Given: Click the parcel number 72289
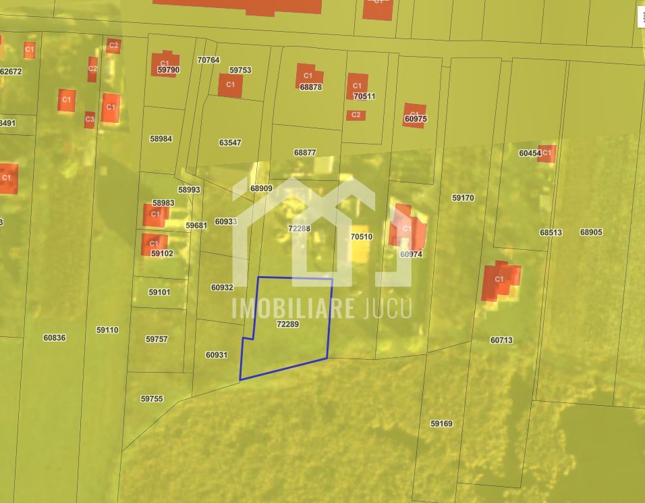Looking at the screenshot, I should pos(287,324).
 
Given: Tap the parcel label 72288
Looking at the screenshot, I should pos(299,228).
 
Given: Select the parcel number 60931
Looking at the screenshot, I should pos(217,354).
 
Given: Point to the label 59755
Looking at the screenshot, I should pos(152,399).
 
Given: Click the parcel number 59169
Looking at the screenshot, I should pos(441,423).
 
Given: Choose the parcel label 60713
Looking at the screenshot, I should pos(501,340).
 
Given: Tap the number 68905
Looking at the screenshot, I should pos(591,232).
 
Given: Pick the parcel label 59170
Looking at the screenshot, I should pos(463,198).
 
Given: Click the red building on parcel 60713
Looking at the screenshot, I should pos(500,281).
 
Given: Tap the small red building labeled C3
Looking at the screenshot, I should pos(89,120).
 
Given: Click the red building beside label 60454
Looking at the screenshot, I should pos(546,153).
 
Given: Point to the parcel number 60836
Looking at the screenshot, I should pos(55,338).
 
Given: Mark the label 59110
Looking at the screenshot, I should pos(107,330).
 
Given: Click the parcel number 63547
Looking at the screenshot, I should pos(230,142).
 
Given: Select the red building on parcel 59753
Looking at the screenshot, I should pos(230,85).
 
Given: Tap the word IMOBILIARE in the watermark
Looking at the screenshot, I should pos(293,308).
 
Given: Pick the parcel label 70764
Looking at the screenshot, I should pos(208,59).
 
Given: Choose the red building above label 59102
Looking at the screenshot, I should pos(154,244).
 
